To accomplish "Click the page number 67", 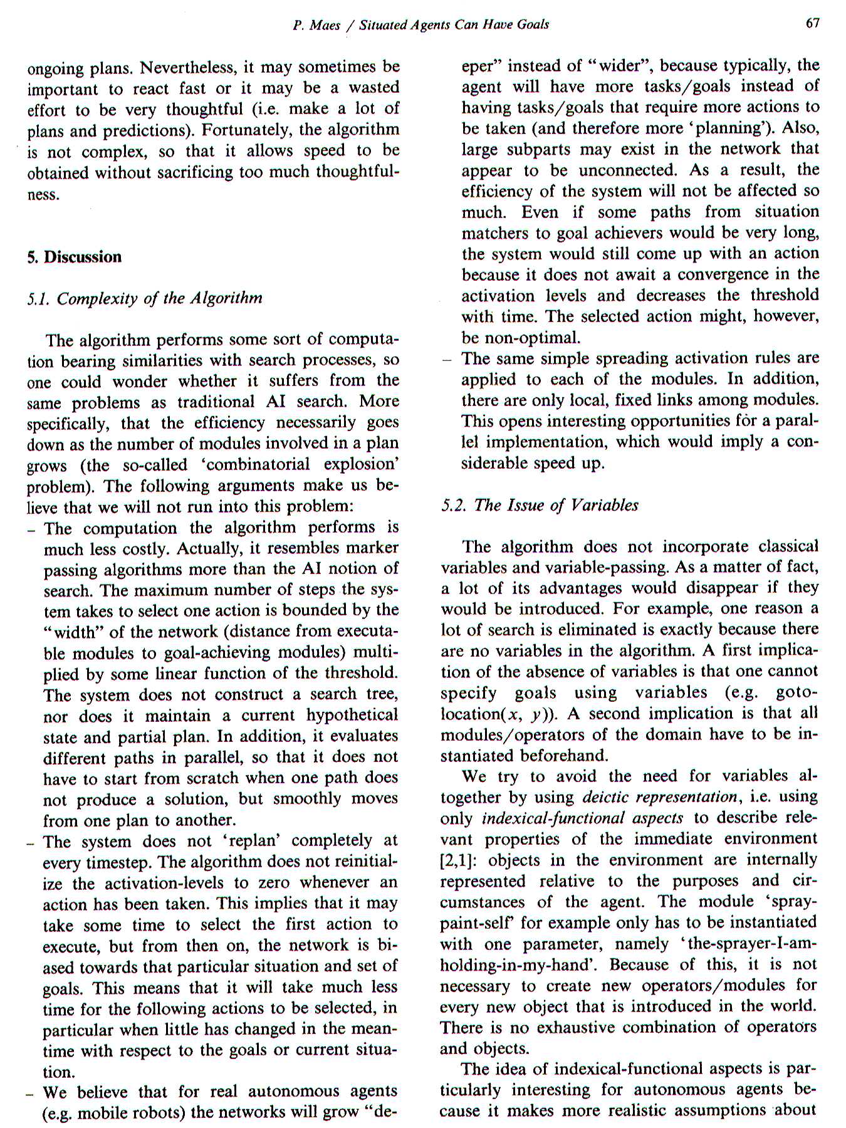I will click(812, 24).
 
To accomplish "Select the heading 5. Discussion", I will click(74, 257).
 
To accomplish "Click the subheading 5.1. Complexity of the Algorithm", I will click(145, 298).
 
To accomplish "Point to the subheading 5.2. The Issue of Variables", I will click(540, 505).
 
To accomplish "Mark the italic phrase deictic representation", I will click(659, 797).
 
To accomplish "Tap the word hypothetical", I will click(352, 715).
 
